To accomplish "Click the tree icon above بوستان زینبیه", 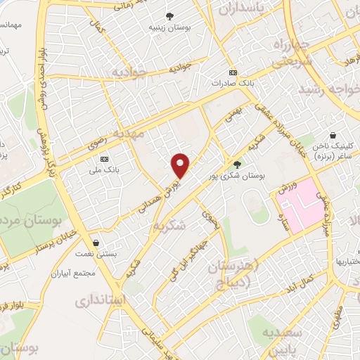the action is click(169, 15).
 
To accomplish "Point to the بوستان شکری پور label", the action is click(233, 177).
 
